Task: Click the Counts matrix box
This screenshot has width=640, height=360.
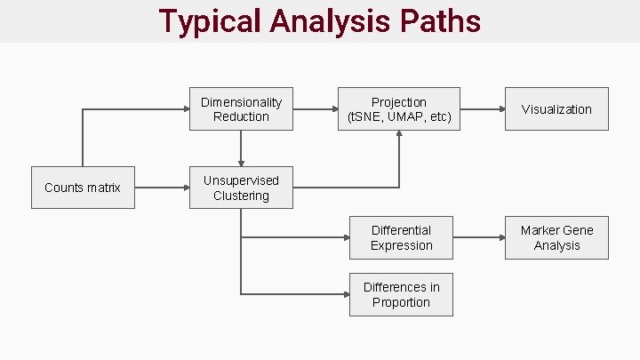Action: click(83, 188)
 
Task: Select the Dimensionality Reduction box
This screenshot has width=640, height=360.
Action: click(241, 108)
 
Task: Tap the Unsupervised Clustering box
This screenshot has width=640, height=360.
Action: click(241, 188)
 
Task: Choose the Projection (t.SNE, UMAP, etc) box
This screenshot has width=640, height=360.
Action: click(399, 108)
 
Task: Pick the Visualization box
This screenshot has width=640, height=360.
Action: click(556, 108)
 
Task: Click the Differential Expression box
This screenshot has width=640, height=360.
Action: click(401, 237)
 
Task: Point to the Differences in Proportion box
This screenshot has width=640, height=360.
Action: click(401, 294)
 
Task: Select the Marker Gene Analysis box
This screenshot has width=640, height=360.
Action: click(556, 237)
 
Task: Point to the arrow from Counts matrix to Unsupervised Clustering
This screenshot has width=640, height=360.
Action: click(162, 188)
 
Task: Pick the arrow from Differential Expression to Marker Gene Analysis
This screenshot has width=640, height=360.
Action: click(478, 237)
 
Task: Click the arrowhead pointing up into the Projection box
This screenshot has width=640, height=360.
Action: click(399, 135)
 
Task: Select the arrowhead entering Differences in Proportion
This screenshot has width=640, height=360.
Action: click(344, 294)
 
